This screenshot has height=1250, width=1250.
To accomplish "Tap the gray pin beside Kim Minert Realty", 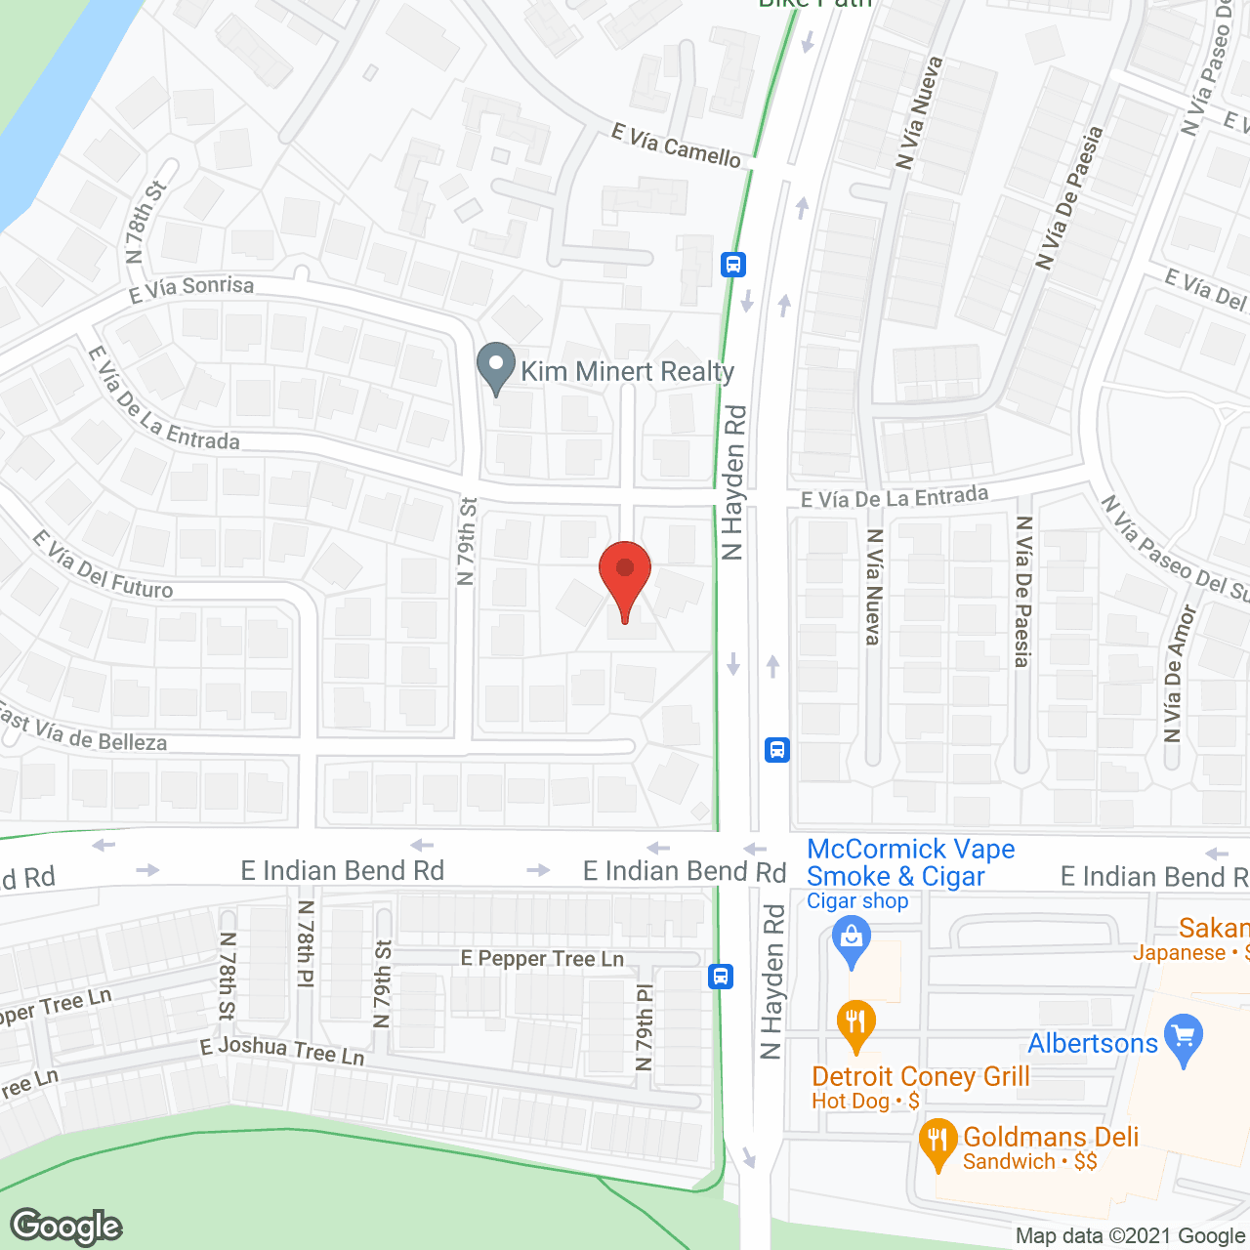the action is point(496,367).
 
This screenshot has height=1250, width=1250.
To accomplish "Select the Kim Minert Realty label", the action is point(627,371).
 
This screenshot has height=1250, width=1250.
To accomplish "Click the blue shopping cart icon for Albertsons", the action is point(1184,1040).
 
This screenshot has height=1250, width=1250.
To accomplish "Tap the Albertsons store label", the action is point(1093,1043).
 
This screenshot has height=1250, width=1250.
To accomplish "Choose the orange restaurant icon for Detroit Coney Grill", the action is point(855,1025).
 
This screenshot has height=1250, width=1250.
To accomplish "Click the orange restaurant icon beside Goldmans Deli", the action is point(937,1143).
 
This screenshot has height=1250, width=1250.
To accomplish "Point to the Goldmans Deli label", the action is point(1051,1137).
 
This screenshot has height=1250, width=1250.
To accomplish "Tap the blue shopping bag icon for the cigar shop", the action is point(852,943).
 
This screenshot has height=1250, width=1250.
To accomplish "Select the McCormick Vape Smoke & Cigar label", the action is point(910,863).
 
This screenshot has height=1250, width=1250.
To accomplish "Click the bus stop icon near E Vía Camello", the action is point(733,264).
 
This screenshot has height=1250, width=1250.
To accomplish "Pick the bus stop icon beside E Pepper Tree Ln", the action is point(721,976).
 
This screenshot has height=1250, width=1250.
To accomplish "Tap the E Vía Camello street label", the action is point(676,146).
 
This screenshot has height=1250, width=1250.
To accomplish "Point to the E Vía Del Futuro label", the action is point(103,565).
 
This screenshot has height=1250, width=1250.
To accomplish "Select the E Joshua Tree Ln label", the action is point(282,1050).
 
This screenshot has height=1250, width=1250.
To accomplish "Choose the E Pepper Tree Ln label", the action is point(542,959).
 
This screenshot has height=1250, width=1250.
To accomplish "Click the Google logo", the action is point(66,1227).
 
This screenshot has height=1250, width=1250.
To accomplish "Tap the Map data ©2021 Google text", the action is point(1130,1236).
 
